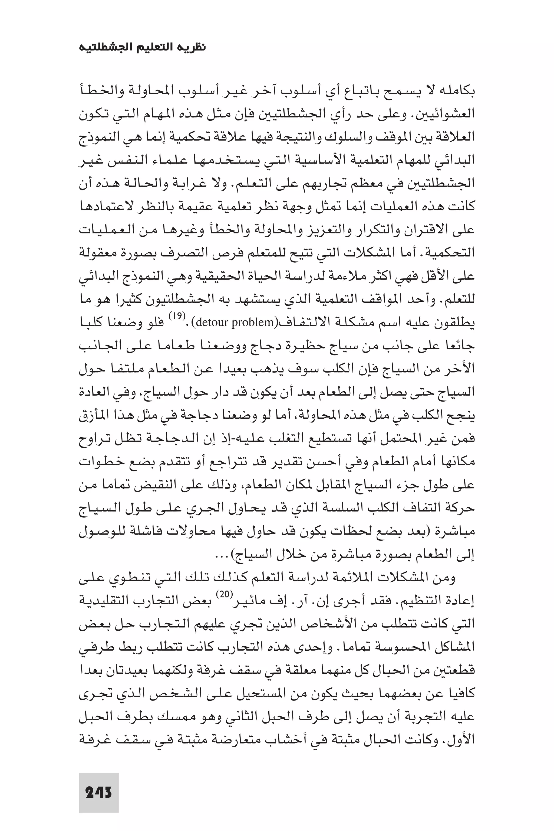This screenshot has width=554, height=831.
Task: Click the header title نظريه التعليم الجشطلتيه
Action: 142,47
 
